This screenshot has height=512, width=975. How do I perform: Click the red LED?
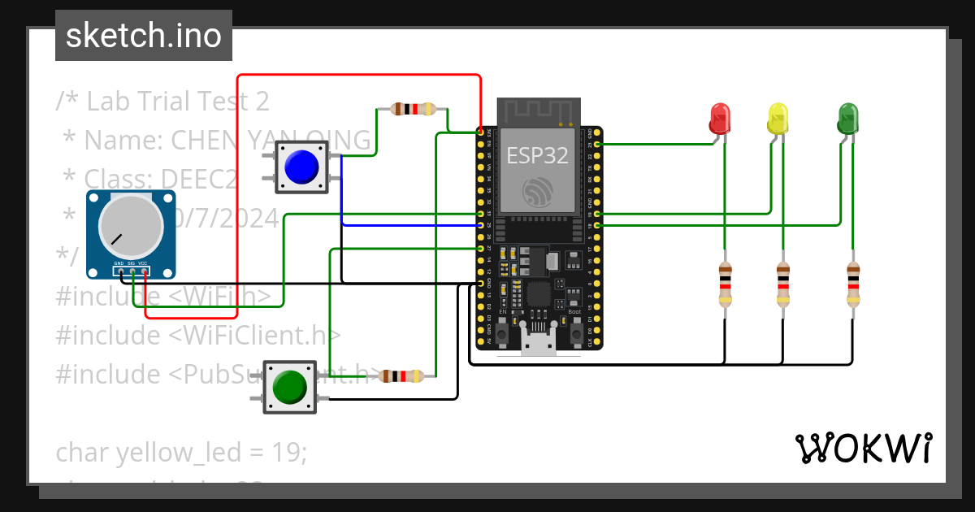[x=719, y=119]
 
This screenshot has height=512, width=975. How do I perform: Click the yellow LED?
[x=778, y=119]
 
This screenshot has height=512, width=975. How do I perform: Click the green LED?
[x=847, y=119]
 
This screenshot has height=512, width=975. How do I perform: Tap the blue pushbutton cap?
[x=301, y=167]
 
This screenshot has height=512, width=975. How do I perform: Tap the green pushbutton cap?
[x=290, y=387]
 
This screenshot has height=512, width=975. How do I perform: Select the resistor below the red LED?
[x=725, y=284]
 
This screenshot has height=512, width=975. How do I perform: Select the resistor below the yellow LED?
[x=782, y=284]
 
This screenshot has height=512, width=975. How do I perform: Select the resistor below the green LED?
[x=852, y=284]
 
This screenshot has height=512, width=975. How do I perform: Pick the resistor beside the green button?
[x=401, y=376]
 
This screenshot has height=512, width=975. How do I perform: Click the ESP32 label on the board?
[x=537, y=155]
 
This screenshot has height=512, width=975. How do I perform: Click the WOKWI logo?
[x=863, y=448]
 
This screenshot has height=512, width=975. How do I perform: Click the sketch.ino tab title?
[x=144, y=36]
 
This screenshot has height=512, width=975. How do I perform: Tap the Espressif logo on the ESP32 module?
[x=537, y=191]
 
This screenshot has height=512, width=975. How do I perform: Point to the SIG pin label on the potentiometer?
[x=131, y=263]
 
